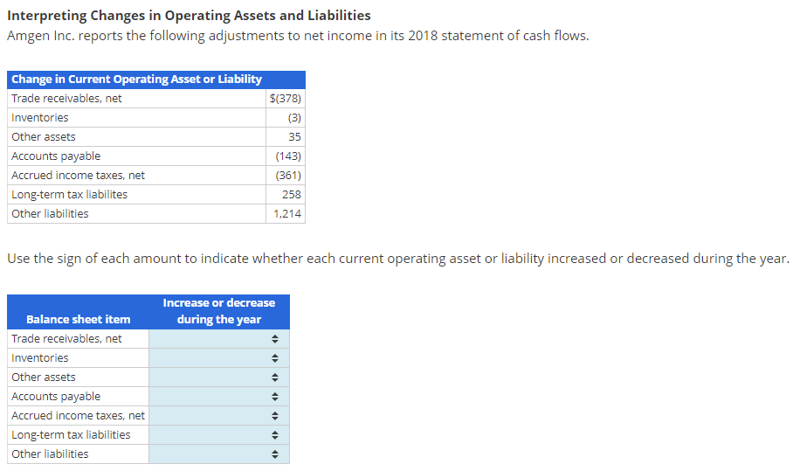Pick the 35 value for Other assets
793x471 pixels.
294,137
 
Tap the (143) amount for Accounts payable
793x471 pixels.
288,156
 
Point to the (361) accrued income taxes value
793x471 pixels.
288,176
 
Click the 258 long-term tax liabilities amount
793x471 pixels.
292,195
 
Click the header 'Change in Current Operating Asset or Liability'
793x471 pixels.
136,80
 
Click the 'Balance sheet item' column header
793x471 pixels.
78,319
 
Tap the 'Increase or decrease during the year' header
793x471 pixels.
218,311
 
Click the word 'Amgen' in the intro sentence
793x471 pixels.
29,36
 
